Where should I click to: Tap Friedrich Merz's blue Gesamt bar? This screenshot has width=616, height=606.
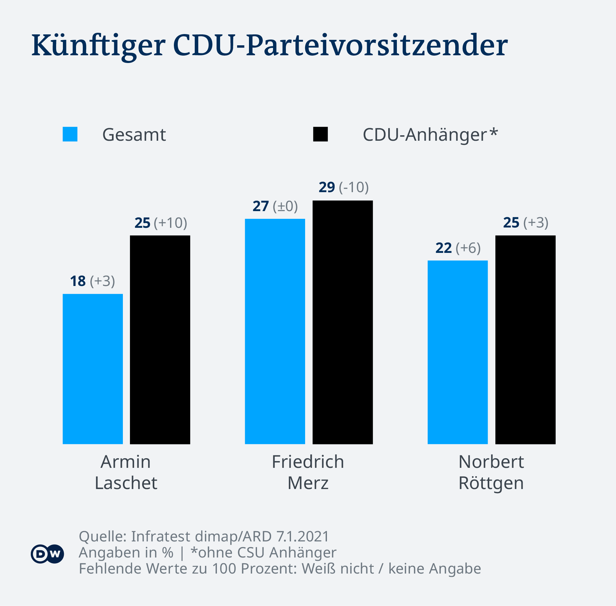(275, 331)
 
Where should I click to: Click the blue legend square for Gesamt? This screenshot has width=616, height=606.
(70, 134)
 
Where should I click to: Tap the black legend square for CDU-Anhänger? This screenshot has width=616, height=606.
(320, 134)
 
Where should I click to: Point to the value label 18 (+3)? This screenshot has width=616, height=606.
(92, 281)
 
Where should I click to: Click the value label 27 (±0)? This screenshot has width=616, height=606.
(275, 206)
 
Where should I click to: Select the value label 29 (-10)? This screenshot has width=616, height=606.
(344, 187)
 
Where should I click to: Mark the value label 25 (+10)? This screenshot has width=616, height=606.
(161, 223)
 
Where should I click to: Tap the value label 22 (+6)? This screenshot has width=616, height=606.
(458, 248)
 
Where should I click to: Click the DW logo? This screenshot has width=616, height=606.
(47, 554)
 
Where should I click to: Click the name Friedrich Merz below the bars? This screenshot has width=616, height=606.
(308, 472)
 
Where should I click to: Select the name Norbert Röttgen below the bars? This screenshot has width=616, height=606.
(491, 472)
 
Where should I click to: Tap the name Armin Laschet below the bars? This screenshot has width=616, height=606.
(126, 472)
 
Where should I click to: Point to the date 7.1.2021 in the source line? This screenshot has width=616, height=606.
(303, 536)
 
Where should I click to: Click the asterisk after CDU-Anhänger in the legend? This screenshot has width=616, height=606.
(494, 132)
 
